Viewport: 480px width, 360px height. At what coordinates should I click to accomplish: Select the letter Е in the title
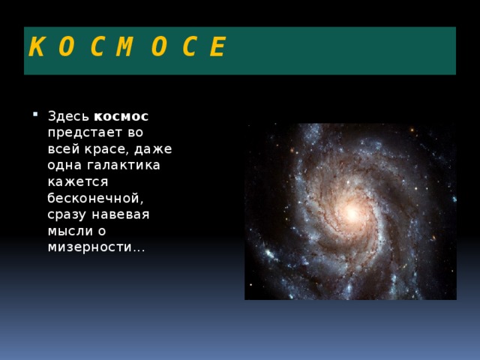pos(217,48)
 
